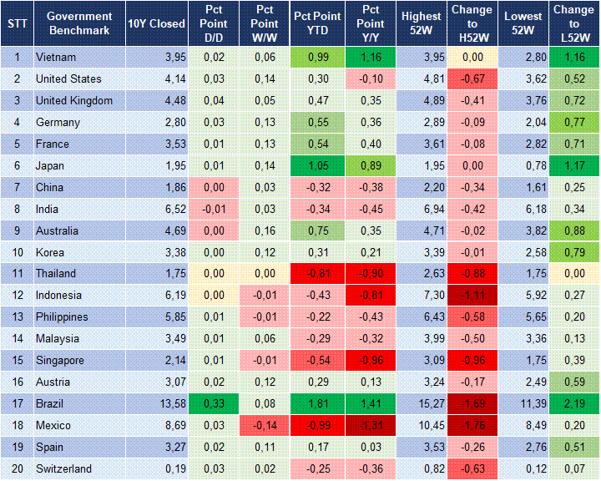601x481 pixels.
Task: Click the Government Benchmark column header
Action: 79,23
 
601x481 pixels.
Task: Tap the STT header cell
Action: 17,23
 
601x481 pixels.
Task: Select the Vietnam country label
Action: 55,57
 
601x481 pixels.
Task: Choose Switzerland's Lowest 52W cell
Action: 525,469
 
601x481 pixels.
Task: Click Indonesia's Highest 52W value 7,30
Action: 422,296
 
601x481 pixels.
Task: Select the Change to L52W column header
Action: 573,23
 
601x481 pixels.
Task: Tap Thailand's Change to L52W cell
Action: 573,274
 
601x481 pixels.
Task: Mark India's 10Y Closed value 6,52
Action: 157,209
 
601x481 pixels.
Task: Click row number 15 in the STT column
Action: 17,361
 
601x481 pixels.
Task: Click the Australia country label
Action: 58,230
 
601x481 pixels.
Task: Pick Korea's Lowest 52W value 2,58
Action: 525,252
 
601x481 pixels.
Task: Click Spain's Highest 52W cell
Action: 422,448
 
